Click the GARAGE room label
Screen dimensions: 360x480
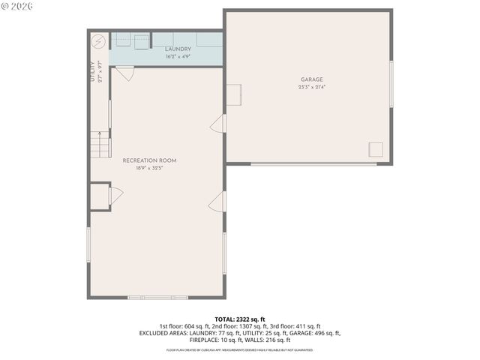tap(313, 79)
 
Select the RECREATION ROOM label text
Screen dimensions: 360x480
tap(150, 160)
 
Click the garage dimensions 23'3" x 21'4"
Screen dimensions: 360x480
tap(313, 87)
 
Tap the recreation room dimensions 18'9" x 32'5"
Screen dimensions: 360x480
tap(150, 168)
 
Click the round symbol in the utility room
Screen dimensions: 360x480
tap(97, 40)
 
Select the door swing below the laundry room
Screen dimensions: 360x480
tap(124, 73)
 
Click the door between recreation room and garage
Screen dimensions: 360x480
tap(218, 124)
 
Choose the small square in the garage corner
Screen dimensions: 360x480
tap(376, 148)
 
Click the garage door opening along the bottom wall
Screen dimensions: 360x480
tap(313, 163)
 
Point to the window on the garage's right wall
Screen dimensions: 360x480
tap(391, 83)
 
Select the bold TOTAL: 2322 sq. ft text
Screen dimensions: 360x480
tap(240, 319)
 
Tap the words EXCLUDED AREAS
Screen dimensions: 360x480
tap(163, 333)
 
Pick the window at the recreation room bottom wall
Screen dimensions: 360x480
tap(157, 298)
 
